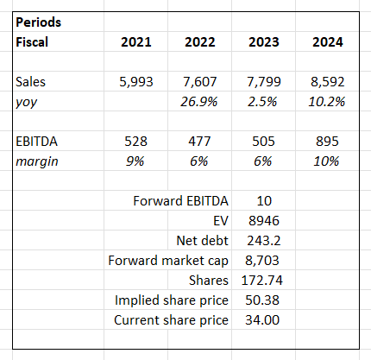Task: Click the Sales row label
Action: click(x=31, y=82)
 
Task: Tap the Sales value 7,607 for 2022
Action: click(x=200, y=82)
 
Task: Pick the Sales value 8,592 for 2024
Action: click(x=325, y=82)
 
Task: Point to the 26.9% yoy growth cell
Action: click(x=200, y=102)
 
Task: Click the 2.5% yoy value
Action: click(x=263, y=102)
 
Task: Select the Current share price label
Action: click(x=172, y=320)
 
